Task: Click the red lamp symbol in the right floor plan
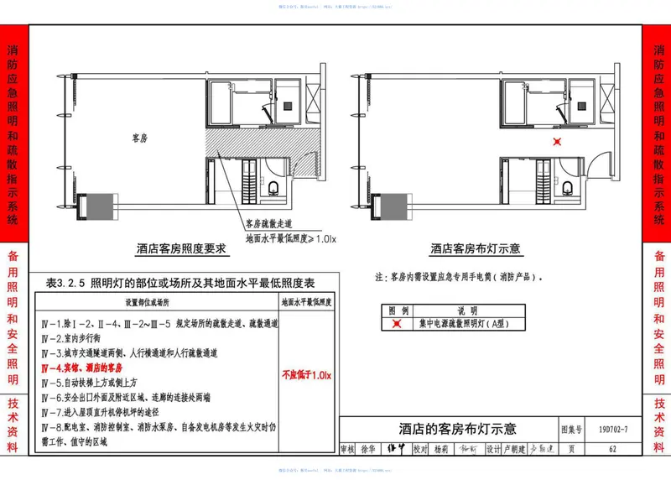[x=556, y=142]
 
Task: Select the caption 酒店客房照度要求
[x=182, y=248]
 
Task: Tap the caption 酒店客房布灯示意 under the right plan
[x=475, y=248]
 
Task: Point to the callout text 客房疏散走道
[x=270, y=225]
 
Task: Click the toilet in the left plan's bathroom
[x=275, y=186]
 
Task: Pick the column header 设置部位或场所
[x=147, y=301]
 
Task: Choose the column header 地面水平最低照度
[x=307, y=301]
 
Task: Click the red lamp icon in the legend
[x=397, y=323]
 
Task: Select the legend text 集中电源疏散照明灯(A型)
[x=460, y=323]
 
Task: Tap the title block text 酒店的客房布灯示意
[x=446, y=429]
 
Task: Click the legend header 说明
[x=466, y=310]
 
